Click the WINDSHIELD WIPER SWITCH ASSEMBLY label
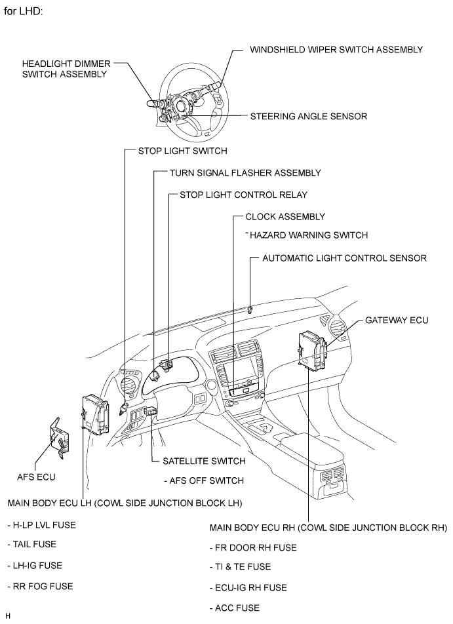pos(336,49)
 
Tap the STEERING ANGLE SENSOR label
pos(308,116)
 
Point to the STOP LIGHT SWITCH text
pos(182,151)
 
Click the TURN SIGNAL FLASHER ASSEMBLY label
pos(245,173)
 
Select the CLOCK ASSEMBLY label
pos(285,216)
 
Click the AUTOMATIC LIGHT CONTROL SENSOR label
pos(344,258)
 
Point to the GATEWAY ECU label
pos(396,320)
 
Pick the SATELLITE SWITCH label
pos(205,461)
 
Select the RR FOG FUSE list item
pos(40,586)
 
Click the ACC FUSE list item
pos(234,608)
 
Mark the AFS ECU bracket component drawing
pos(60,435)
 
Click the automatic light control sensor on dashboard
pos(250,309)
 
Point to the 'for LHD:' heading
pos(24,12)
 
